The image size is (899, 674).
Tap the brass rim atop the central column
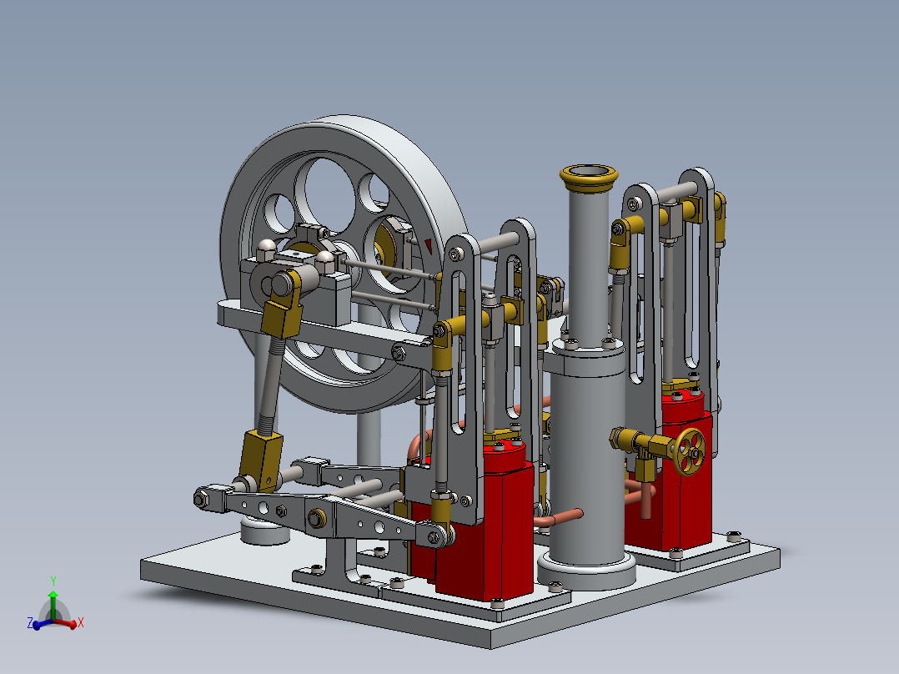click(x=590, y=174)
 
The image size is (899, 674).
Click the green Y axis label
click(x=53, y=581)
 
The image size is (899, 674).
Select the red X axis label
click(x=80, y=622)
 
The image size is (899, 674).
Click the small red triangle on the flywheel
click(x=429, y=244)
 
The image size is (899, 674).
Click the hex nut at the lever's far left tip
click(x=202, y=499)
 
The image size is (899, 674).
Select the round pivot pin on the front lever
click(x=316, y=519)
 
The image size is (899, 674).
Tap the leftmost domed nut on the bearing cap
click(x=266, y=246)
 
